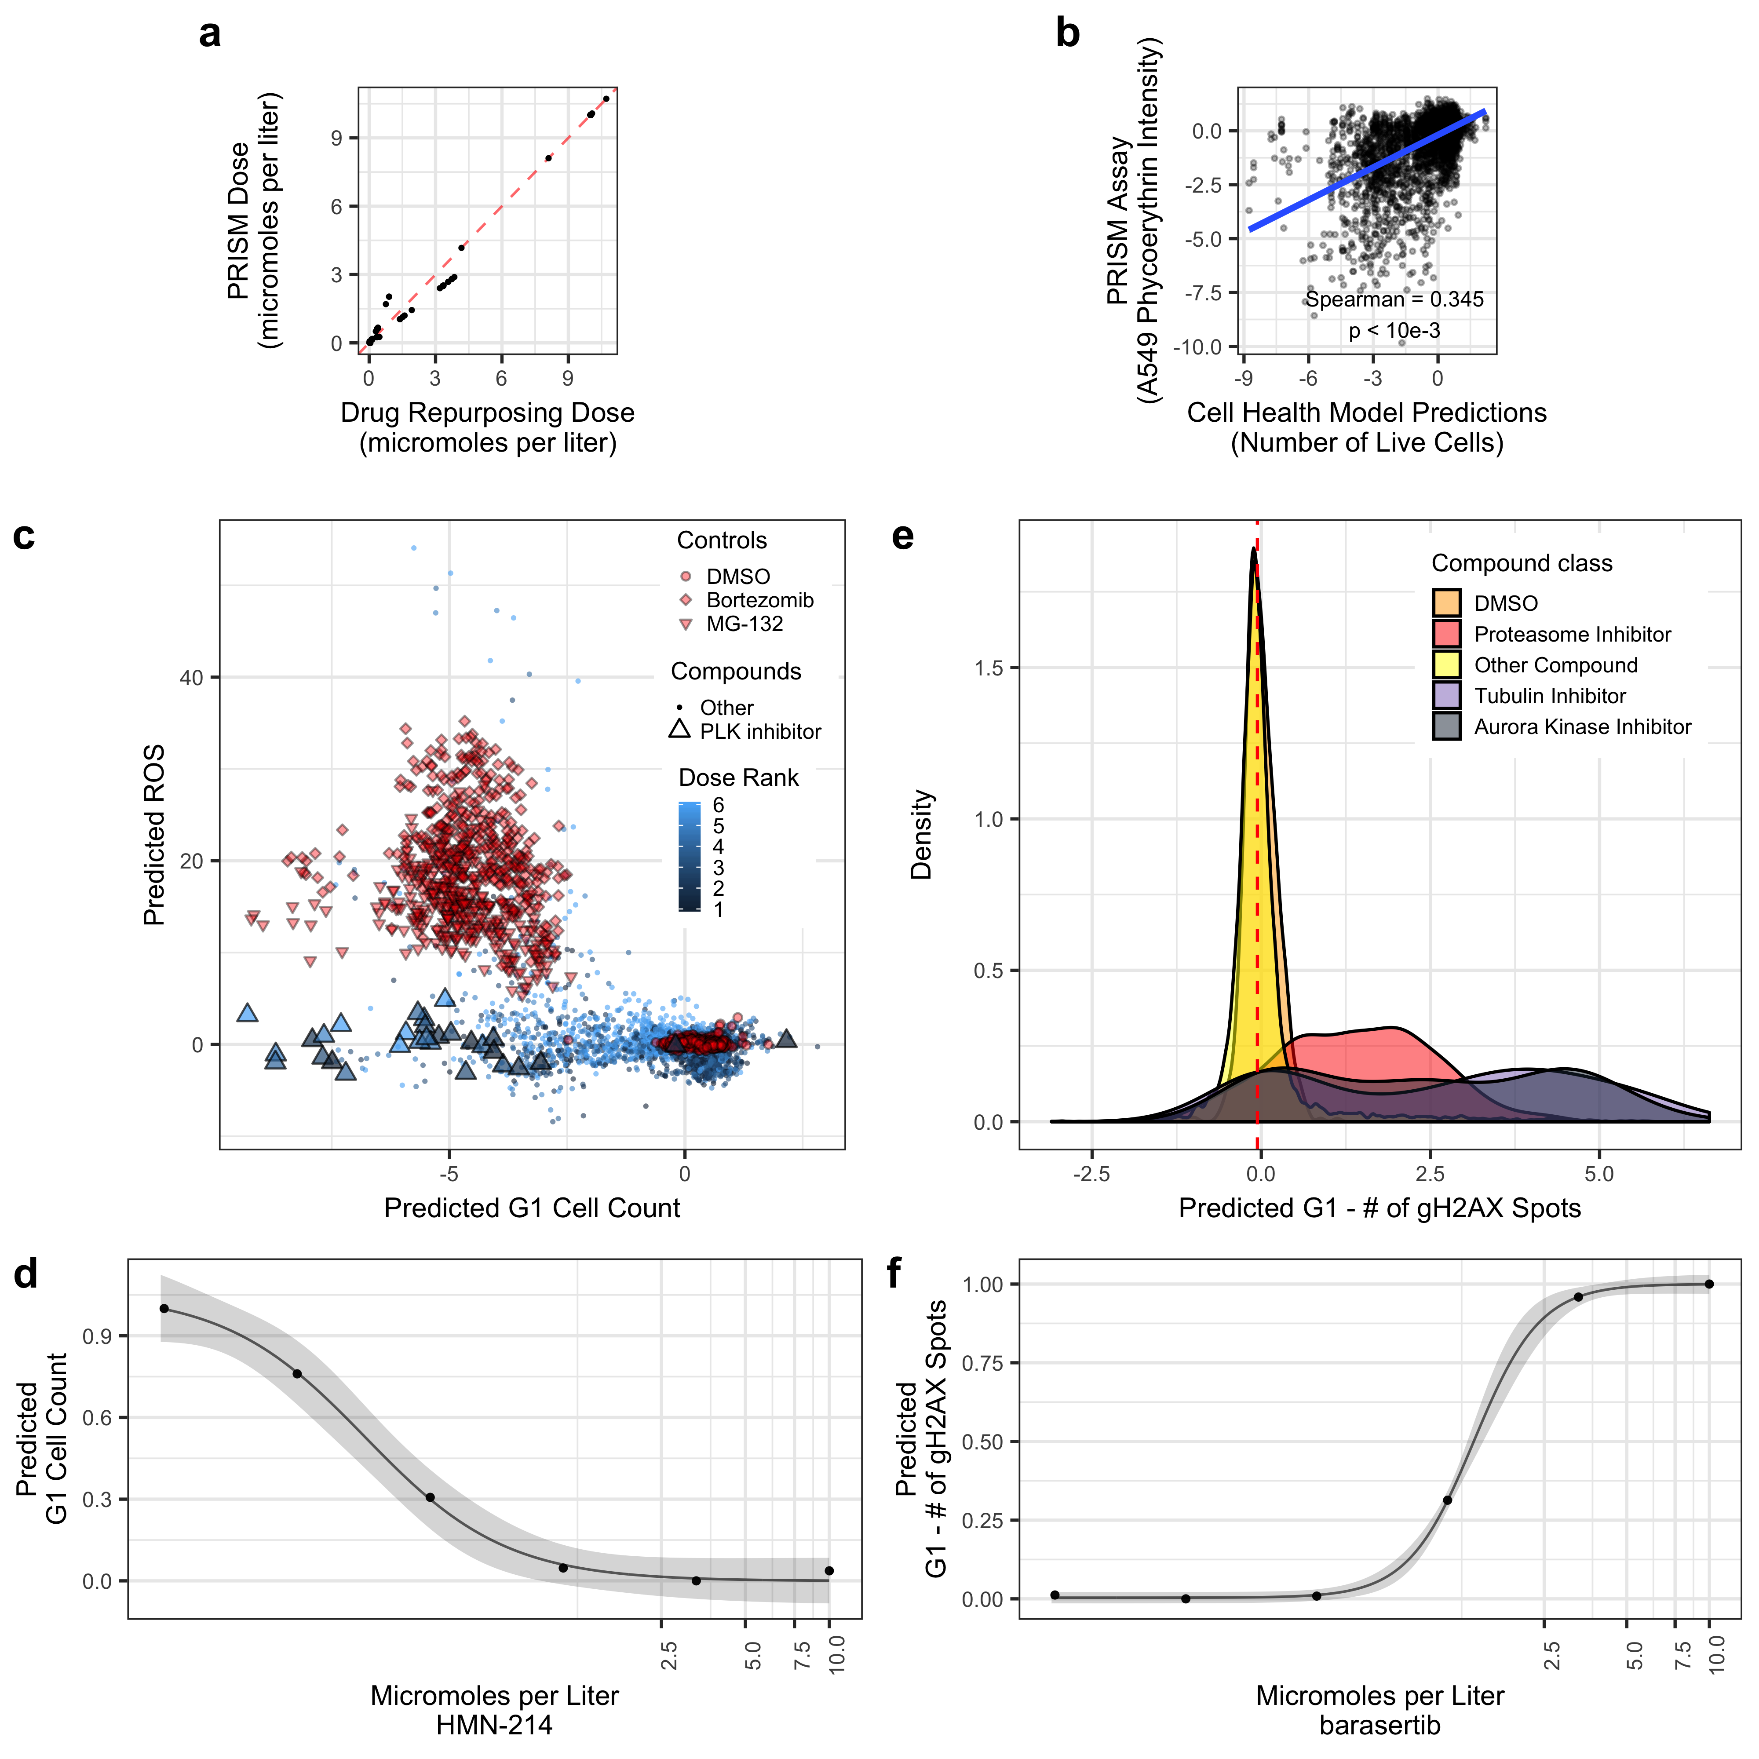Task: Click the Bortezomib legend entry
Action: pyautogui.click(x=759, y=600)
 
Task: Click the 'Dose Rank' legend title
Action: pyautogui.click(x=738, y=777)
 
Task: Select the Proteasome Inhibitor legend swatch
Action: pyautogui.click(x=1447, y=634)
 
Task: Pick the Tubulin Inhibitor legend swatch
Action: pyautogui.click(x=1447, y=696)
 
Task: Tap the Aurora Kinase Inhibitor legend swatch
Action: pyautogui.click(x=1447, y=726)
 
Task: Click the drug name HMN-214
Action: pyautogui.click(x=494, y=1725)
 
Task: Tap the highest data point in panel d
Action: pyautogui.click(x=164, y=1308)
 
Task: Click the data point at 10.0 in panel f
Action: pyautogui.click(x=1709, y=1284)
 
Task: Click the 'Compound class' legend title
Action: pyautogui.click(x=1522, y=564)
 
